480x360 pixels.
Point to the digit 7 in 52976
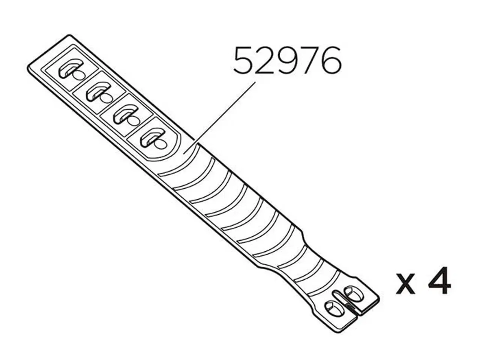309,61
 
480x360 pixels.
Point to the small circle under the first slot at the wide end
79,75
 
